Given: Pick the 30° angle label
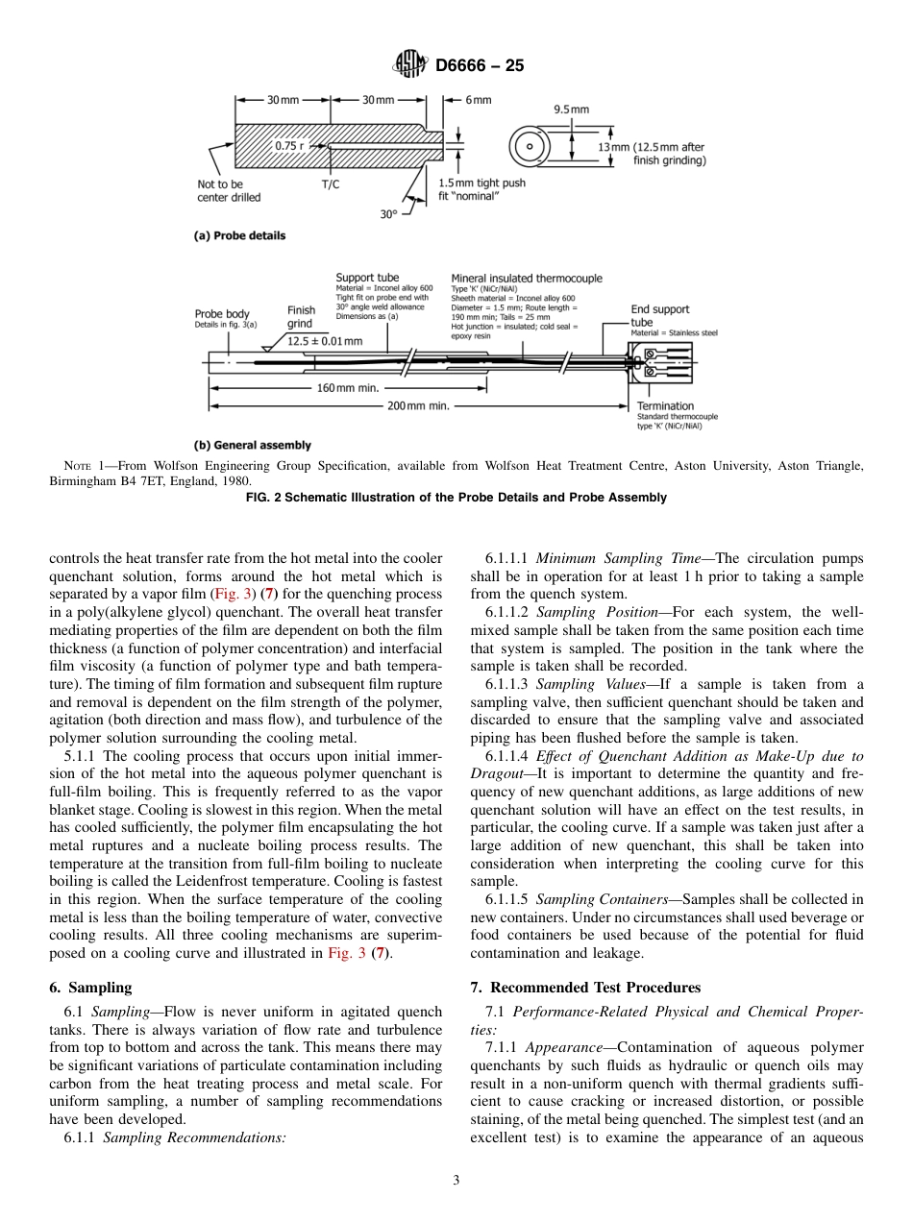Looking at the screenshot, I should tap(388, 214).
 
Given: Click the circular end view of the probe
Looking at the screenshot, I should tap(529, 147).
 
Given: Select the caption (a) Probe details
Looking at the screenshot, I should tap(239, 235).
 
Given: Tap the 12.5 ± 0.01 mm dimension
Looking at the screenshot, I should tap(325, 341).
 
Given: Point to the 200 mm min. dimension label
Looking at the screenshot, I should tap(418, 406).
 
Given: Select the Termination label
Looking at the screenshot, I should tap(665, 405).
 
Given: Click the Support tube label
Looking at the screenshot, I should tap(367, 278).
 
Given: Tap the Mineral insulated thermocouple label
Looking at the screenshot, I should tap(527, 278).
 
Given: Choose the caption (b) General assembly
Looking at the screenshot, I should tap(253, 445).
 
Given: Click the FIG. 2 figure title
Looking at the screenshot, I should tap(456, 498).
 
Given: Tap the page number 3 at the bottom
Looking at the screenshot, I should tap(456, 1181).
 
